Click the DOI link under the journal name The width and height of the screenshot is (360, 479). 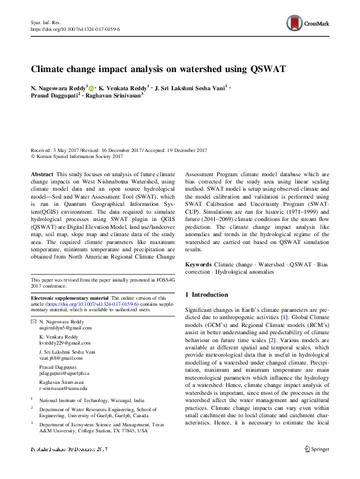75,28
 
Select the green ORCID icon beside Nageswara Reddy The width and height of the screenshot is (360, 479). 92,88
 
